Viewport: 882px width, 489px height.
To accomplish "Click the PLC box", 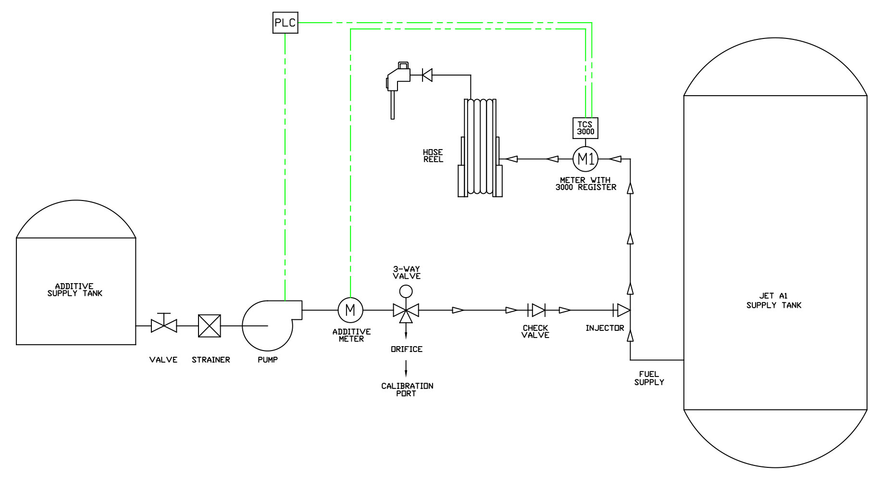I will (x=285, y=23).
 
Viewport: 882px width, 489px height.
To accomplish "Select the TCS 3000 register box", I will (x=585, y=128).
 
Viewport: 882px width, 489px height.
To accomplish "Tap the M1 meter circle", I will (x=585, y=159).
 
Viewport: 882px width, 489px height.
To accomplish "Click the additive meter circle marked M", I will (x=350, y=310).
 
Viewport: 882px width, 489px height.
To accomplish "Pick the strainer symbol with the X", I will (x=210, y=326).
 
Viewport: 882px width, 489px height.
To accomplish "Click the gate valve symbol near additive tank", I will (x=164, y=326).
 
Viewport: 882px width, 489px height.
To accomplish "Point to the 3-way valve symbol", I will (x=406, y=311).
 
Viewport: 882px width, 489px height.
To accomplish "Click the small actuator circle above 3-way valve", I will (x=406, y=291).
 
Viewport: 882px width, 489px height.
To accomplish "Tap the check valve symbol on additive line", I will (x=536, y=310).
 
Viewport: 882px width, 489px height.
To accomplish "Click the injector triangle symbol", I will (x=622, y=310).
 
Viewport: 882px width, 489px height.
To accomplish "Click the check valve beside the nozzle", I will (x=427, y=75).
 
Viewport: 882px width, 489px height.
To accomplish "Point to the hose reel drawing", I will (x=480, y=148).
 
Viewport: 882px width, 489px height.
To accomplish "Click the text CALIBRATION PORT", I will (x=407, y=389).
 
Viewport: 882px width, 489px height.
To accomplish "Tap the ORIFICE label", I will (x=407, y=350).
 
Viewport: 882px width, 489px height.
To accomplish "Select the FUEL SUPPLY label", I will (x=649, y=378).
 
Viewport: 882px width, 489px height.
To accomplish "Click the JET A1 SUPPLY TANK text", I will (x=773, y=301).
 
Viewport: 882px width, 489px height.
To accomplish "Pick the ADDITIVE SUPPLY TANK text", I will (x=75, y=289).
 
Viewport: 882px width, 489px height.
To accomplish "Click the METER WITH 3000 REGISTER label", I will (x=585, y=184).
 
